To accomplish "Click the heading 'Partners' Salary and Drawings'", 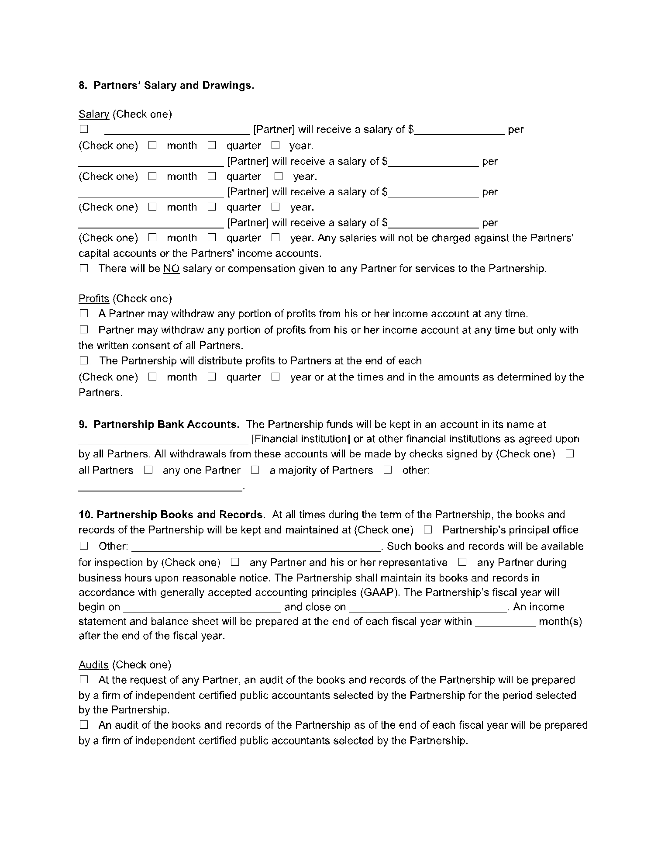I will (173, 85).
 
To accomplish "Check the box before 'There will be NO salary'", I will (84, 268).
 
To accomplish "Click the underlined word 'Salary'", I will (94, 114).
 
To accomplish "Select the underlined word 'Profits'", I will (94, 298).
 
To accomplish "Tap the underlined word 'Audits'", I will (93, 664).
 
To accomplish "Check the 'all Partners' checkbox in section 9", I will (569, 454).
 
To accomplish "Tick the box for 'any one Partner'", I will (148, 470).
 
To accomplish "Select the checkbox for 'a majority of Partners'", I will (255, 470).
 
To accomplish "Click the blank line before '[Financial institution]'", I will (163, 439).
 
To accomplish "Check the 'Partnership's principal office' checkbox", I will (428, 530).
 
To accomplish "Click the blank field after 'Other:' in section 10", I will (256, 547).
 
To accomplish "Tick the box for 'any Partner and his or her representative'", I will (235, 562).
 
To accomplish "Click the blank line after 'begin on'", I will (202, 607).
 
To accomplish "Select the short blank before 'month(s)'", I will (505, 622).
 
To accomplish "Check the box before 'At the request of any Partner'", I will (84, 680).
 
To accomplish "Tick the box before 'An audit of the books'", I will (84, 725).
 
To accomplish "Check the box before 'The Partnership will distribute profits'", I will (84, 361).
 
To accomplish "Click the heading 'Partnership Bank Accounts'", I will (166, 424).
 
